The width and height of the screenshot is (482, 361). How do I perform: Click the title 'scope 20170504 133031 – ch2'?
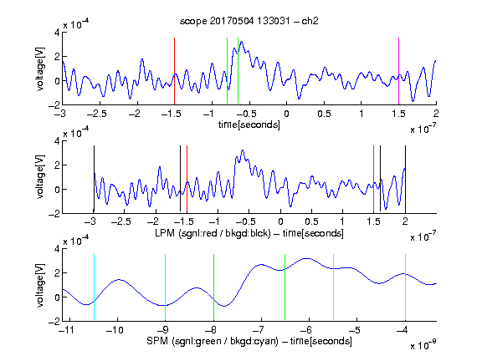[x=249, y=21]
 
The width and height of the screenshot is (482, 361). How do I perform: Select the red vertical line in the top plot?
[x=174, y=71]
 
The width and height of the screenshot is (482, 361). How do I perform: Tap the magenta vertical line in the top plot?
[x=398, y=71]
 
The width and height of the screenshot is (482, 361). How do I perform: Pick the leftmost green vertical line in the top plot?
[x=227, y=70]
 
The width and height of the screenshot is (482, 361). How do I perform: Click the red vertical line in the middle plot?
[x=187, y=180]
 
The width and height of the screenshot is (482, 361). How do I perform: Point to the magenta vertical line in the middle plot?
[x=373, y=180]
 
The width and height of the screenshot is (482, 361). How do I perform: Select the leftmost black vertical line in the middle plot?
[x=94, y=180]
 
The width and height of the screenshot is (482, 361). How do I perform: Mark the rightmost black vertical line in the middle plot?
[x=405, y=180]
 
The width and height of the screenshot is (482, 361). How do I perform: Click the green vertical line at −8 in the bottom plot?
[x=213, y=287]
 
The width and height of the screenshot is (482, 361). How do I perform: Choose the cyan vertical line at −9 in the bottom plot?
[x=165, y=287]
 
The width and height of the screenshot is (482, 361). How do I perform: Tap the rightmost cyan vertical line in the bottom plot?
[x=405, y=287]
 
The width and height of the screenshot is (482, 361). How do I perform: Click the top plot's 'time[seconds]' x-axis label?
[x=249, y=125]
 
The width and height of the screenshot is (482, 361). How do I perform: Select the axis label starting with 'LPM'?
[x=249, y=233]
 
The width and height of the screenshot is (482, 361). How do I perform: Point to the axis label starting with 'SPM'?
[x=249, y=341]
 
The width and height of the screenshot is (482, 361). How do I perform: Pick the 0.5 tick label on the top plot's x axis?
[x=324, y=114]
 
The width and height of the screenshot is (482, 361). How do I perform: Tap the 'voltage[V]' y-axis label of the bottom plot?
[x=40, y=285]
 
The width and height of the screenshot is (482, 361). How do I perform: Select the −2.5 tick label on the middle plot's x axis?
[x=120, y=221]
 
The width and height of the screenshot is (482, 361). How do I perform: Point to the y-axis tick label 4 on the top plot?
[x=57, y=33]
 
